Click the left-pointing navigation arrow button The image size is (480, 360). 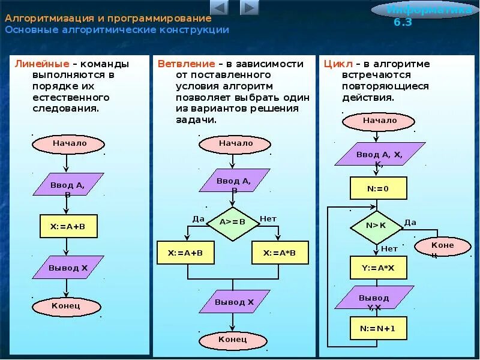(x=220, y=8)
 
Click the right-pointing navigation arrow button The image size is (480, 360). (x=249, y=8)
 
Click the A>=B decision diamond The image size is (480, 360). (x=233, y=221)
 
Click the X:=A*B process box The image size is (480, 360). (x=280, y=253)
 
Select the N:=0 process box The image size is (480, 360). (x=378, y=188)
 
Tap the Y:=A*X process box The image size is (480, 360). (x=378, y=268)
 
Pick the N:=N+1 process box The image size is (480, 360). (x=378, y=328)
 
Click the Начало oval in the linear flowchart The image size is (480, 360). (x=69, y=144)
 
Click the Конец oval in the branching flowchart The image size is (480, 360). (x=232, y=340)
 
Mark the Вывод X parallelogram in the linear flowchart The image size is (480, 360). (x=68, y=268)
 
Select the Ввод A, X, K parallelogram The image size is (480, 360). (x=380, y=155)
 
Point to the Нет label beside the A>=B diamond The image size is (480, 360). (x=268, y=218)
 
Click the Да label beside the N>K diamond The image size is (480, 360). (x=410, y=222)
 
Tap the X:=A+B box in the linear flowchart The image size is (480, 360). (x=68, y=226)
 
